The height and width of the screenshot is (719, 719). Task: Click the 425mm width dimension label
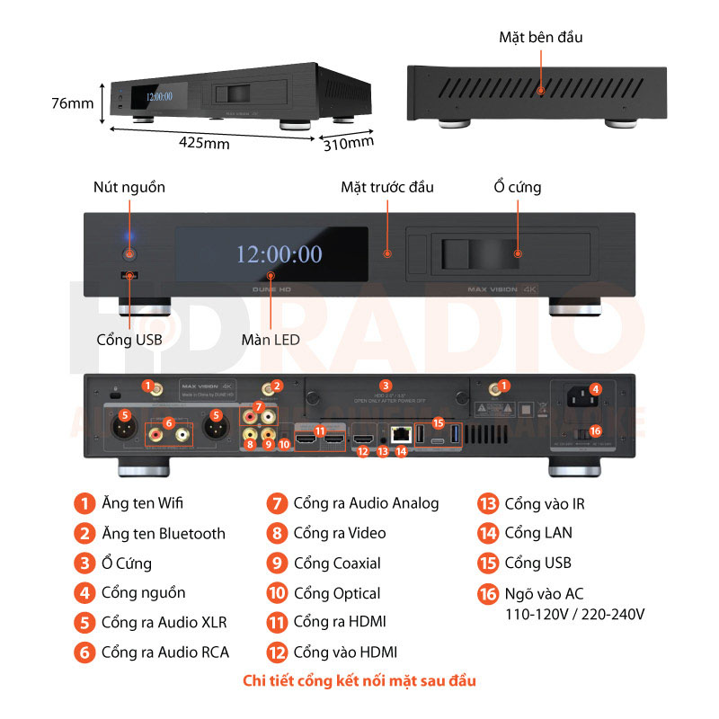pos(204,143)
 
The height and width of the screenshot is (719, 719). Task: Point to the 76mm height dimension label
pos(72,103)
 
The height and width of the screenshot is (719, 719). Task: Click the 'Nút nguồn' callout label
pos(129,187)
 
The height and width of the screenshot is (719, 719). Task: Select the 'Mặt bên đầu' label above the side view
pos(541,37)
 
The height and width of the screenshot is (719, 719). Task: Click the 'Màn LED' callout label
pos(270,340)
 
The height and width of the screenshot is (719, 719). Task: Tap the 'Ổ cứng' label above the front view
pos(517,187)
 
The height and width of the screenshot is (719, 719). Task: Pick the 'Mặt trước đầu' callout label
pos(387,187)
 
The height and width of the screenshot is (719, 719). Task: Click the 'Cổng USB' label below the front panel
pos(129,340)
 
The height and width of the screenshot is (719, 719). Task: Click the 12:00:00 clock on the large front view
pos(279,254)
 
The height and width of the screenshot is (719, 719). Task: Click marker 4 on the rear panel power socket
pos(595,389)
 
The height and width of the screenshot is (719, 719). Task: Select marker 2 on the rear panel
pos(277,386)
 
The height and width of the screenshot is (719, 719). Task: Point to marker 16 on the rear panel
pos(595,431)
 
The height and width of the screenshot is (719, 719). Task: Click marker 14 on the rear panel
pos(402,452)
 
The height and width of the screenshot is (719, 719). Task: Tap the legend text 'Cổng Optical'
pos(337,593)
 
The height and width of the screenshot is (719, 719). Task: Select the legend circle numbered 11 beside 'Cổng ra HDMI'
pos(278,622)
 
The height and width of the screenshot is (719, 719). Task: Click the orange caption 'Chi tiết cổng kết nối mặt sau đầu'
pos(359,680)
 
